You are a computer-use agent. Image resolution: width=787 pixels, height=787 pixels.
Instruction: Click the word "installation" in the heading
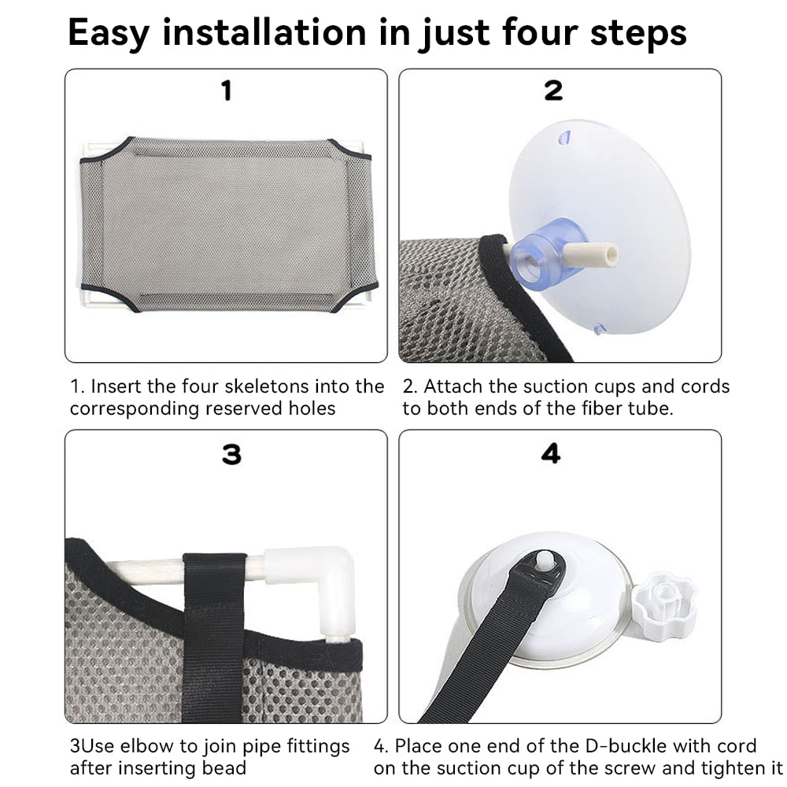(264, 32)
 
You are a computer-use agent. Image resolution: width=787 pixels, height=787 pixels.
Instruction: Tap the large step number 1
(227, 91)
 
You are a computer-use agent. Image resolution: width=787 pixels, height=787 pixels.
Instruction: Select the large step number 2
(553, 91)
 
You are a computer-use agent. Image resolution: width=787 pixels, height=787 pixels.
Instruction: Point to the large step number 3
(231, 454)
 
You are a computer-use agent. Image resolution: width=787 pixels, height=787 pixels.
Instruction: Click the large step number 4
(551, 453)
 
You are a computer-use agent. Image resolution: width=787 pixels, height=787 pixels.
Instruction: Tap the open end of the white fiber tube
(611, 254)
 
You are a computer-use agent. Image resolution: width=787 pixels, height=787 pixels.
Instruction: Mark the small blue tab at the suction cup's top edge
(564, 138)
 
